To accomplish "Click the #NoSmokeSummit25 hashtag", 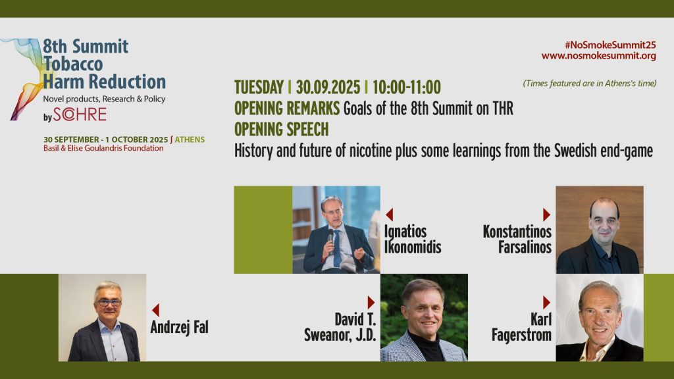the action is tap(610, 45).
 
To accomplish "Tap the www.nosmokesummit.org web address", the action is tap(599, 56).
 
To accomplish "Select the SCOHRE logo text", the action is tap(80, 114).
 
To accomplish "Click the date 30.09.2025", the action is tap(328, 88).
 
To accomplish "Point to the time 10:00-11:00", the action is tap(407, 88).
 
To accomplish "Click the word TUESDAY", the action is tap(259, 88).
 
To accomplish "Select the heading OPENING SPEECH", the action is tap(282, 130).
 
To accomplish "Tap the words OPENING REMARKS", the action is tap(287, 109).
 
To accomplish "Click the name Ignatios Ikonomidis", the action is tap(413, 240).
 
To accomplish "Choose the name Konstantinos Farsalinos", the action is tap(517, 240).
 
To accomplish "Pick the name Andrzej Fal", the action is tap(179, 328).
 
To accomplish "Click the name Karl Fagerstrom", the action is tap(521, 328).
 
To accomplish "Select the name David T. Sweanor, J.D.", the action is tap(340, 328).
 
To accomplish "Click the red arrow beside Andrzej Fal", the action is tap(155, 311).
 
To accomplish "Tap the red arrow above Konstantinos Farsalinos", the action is tap(546, 215).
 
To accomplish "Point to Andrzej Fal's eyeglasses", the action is tap(109, 303).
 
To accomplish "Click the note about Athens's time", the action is tap(590, 84).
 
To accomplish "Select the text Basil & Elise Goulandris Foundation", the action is tap(103, 148).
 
